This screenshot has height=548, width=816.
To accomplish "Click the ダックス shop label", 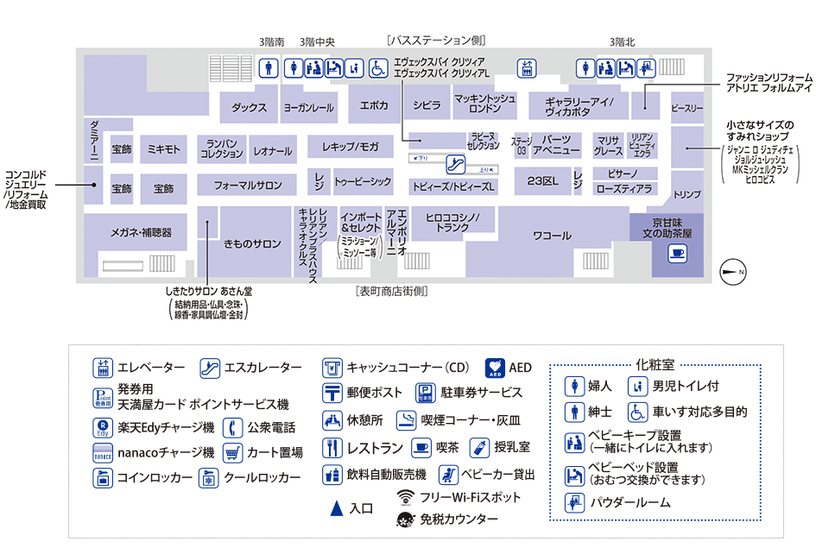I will pos(249,107).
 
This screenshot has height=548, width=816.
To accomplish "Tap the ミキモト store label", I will pos(163,150).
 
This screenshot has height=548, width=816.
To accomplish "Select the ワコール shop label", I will pos(552,235).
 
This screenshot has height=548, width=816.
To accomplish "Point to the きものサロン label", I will pos(252,244).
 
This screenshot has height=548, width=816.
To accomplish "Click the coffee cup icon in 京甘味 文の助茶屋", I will pos(677,253).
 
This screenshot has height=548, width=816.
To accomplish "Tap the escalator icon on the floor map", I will pos(456,164).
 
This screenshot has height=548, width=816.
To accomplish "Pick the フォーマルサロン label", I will pos(248,186).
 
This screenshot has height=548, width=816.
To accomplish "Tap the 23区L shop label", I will pos(542,181).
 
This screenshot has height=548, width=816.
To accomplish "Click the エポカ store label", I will pos(374,105).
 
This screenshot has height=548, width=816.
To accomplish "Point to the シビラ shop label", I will pos(426,105).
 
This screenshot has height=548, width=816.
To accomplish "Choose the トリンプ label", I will pos(687,195).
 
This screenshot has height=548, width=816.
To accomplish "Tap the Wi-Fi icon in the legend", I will pos(406,498).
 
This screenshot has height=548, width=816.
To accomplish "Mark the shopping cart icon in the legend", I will pos(232,452).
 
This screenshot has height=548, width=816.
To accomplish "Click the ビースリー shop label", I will pos(687,108).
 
